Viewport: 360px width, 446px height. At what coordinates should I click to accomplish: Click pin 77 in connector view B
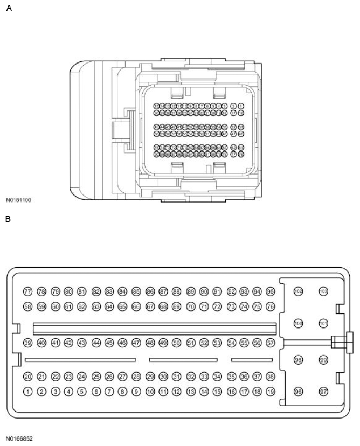[x=28, y=291]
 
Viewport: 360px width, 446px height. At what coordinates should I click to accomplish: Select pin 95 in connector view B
[x=271, y=291]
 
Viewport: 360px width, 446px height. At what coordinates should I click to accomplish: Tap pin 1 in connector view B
[x=28, y=392]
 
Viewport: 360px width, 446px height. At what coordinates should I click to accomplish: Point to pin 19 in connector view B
[x=271, y=392]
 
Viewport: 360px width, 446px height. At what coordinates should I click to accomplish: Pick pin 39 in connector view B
[x=28, y=343]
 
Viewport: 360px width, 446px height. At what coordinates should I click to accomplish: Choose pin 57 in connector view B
[x=271, y=343]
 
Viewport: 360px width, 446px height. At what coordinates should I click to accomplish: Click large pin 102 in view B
[x=298, y=291]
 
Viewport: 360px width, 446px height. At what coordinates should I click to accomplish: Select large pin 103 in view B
[x=323, y=291]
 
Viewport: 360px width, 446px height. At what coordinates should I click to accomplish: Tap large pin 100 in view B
[x=298, y=324]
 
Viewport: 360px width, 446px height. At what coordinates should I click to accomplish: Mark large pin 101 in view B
[x=323, y=324]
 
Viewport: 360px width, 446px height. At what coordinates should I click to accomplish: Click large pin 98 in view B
[x=298, y=360]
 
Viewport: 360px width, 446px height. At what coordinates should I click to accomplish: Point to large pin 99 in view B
[x=323, y=360]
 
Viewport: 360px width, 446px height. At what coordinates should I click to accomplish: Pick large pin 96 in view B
[x=298, y=392]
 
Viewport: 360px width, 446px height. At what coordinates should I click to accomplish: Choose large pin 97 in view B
[x=323, y=392]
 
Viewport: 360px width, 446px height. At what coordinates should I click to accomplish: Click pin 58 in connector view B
[x=28, y=306]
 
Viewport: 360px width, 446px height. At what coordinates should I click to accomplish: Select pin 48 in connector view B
[x=150, y=343]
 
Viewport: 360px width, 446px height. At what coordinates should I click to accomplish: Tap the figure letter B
[x=8, y=219]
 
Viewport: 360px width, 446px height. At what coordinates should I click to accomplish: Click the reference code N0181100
[x=19, y=200]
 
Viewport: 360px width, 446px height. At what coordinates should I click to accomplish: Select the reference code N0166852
[x=19, y=439]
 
